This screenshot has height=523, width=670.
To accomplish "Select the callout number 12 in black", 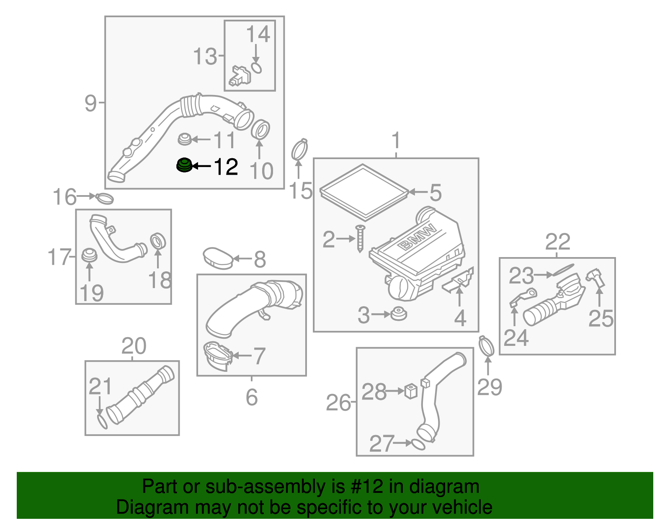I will (x=226, y=167).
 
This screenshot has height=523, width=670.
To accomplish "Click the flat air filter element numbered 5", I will (x=363, y=192).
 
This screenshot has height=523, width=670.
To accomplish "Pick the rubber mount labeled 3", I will (x=398, y=314).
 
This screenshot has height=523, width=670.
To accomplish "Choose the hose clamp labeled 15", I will (x=299, y=149).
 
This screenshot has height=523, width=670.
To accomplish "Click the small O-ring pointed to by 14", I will (x=257, y=68).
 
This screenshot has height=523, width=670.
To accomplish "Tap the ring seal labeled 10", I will (x=260, y=129).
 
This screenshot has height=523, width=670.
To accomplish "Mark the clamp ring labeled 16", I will (x=104, y=198).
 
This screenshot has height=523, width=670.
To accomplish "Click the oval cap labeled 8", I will (x=218, y=258).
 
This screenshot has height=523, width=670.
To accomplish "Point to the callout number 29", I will (x=489, y=387).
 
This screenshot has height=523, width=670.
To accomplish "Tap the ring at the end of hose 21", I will (x=102, y=422).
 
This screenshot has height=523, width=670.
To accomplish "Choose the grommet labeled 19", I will (x=89, y=255).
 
